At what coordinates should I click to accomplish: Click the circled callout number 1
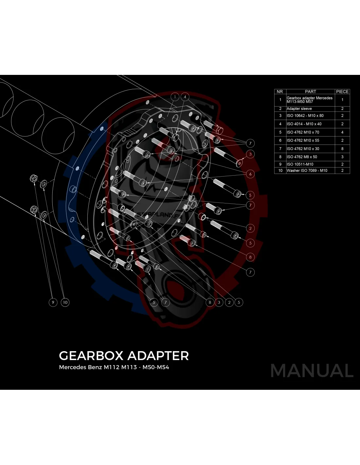click(x=175, y=97)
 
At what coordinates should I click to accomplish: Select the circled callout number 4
click(x=185, y=97)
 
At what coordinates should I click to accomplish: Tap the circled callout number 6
click(x=250, y=174)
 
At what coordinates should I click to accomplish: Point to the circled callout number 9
click(x=53, y=302)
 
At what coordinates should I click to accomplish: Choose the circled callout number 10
click(x=65, y=302)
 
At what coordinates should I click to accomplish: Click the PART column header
click(x=310, y=92)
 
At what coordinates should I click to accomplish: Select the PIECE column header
click(x=342, y=92)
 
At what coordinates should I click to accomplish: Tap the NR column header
click(x=280, y=92)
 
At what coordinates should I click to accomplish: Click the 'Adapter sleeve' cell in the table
click(x=299, y=109)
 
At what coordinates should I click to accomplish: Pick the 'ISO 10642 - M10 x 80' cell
click(x=305, y=116)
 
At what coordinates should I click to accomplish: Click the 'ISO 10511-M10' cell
click(x=300, y=164)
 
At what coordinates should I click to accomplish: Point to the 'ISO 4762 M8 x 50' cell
click(x=302, y=157)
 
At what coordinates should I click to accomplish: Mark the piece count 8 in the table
click(x=342, y=149)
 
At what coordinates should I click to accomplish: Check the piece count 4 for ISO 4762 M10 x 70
click(x=342, y=132)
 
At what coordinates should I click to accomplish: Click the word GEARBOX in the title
click(x=91, y=356)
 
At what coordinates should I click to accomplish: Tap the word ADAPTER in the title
click(x=158, y=356)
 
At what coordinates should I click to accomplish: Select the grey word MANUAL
click(x=312, y=370)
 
